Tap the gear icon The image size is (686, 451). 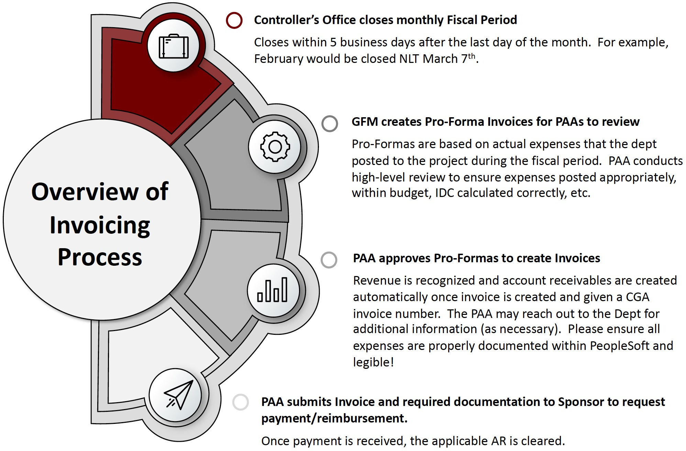click(x=275, y=147)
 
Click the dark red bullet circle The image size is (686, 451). click(x=234, y=20)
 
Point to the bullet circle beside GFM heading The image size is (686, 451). click(x=330, y=123)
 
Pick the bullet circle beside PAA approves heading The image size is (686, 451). click(x=329, y=260)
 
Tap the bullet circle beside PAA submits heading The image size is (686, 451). click(x=241, y=402)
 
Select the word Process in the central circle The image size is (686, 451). click(x=100, y=257)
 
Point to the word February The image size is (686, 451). click(x=278, y=59)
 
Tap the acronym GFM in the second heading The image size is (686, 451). click(x=364, y=122)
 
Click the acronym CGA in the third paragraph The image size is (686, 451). click(x=637, y=297)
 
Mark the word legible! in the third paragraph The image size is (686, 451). click(x=373, y=362)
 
